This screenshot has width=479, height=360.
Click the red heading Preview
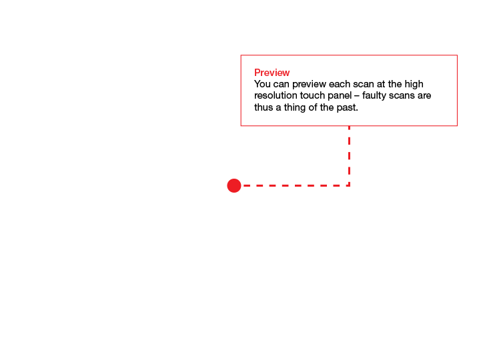[272, 73]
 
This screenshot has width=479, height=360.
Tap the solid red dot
[234, 185]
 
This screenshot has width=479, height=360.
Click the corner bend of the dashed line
[349, 185]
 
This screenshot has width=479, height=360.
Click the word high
[414, 84]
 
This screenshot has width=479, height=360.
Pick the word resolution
[276, 95]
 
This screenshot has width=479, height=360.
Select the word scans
[401, 96]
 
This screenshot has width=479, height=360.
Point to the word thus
[264, 107]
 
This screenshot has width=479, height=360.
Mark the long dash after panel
[357, 96]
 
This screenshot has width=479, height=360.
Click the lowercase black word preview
[309, 85]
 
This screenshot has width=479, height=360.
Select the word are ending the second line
[424, 96]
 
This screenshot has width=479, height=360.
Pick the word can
[281, 84]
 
